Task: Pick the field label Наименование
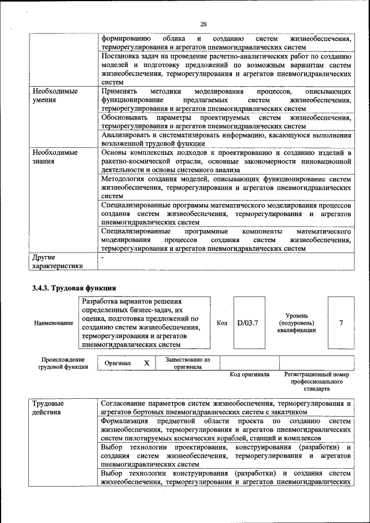[x=54, y=324]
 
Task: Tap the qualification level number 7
[x=341, y=323]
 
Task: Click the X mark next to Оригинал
[x=147, y=362]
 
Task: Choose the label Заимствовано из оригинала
[x=187, y=362]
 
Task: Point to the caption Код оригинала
[x=249, y=374]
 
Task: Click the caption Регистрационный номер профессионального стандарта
[x=317, y=381]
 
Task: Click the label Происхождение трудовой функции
[x=63, y=363]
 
